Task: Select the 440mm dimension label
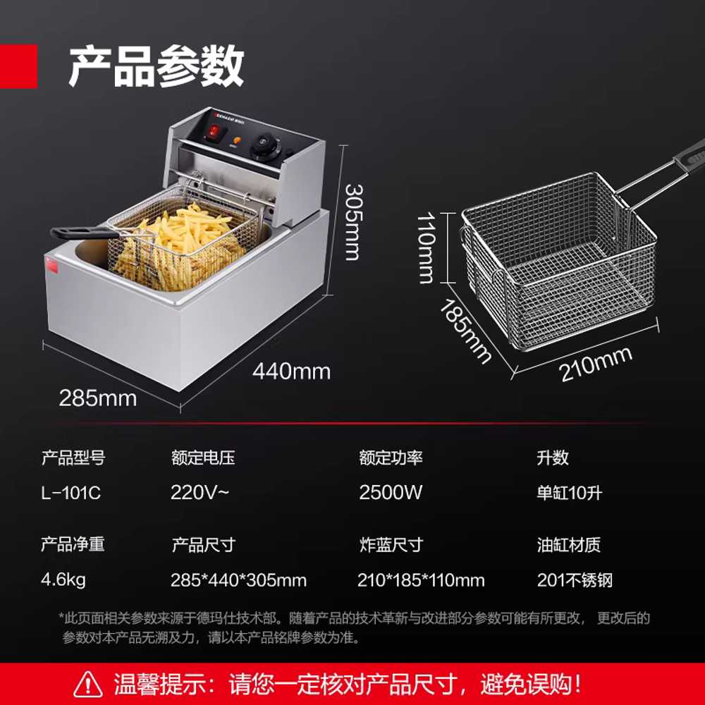(x=291, y=372)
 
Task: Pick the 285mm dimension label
(x=98, y=398)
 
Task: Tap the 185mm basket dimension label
(x=465, y=331)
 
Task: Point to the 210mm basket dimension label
(x=596, y=364)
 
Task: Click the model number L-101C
(x=70, y=493)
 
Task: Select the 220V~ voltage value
(x=200, y=492)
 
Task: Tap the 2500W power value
(x=391, y=492)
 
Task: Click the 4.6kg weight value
(x=63, y=580)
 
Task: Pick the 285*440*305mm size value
(x=239, y=580)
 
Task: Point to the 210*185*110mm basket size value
(x=422, y=580)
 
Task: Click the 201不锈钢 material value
(x=575, y=580)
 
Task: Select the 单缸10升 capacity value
(x=569, y=493)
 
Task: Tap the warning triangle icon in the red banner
(x=88, y=685)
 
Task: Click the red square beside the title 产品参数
(x=18, y=66)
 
